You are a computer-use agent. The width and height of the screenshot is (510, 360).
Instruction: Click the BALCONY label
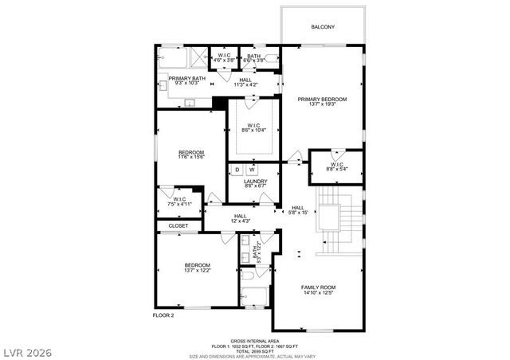pos(323,27)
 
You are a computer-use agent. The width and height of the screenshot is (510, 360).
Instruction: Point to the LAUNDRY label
pos(256,182)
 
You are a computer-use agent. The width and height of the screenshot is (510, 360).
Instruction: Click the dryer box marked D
pos(237,170)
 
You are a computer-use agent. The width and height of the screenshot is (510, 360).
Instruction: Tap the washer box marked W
pos(252,170)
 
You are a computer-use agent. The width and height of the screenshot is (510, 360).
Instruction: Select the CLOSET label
pos(178,225)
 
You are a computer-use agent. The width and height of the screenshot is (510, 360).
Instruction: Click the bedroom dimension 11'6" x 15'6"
pos(191,158)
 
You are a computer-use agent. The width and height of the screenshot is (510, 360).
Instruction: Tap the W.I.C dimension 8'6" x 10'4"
pos(254,131)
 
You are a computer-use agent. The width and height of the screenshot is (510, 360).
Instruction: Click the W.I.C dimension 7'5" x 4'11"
pos(179,204)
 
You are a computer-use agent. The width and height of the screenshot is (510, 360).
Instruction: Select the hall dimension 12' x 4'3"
pos(241,221)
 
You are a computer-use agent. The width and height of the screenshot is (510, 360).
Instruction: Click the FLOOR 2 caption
pos(163,315)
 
